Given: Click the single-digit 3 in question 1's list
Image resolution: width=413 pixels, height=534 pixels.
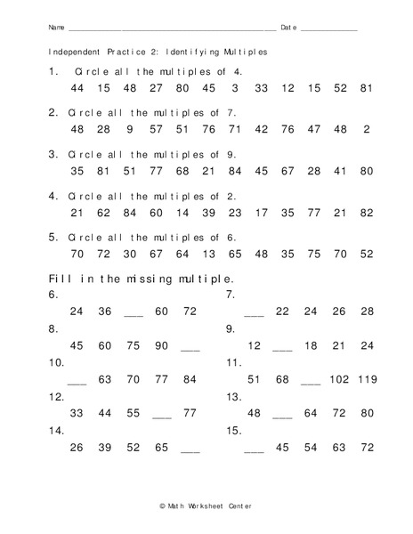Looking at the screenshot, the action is tap(235, 89).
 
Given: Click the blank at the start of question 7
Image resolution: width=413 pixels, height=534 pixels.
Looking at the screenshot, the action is tap(254, 312).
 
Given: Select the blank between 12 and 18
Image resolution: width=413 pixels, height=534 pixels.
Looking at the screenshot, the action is tap(283, 346).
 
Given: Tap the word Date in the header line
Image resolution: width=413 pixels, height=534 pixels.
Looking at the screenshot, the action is tap(288, 28).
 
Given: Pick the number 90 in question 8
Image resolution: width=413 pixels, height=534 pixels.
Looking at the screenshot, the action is tap(161, 346).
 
